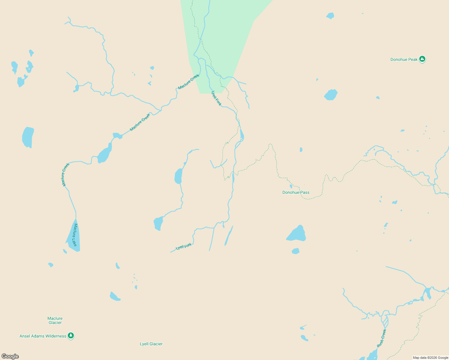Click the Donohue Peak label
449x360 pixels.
click(x=404, y=59)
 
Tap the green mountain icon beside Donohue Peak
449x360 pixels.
click(x=422, y=59)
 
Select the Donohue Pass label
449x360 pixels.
click(x=296, y=192)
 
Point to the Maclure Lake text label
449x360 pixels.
click(x=74, y=235)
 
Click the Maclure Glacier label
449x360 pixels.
click(x=55, y=320)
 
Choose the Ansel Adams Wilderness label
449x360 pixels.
click(x=43, y=336)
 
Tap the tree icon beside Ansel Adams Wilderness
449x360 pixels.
click(x=71, y=336)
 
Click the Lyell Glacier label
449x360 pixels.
click(x=151, y=344)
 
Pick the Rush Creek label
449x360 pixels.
click(x=381, y=338)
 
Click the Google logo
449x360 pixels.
click(x=10, y=356)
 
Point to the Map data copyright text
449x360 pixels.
click(x=430, y=358)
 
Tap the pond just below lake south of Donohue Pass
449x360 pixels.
click(x=296, y=251)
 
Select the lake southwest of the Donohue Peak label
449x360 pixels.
click(x=331, y=95)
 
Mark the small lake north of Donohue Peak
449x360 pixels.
click(x=330, y=16)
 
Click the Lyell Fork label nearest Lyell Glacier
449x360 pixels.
click(x=184, y=247)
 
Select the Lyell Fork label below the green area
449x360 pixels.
click(x=216, y=98)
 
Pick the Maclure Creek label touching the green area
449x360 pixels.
click(x=188, y=82)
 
